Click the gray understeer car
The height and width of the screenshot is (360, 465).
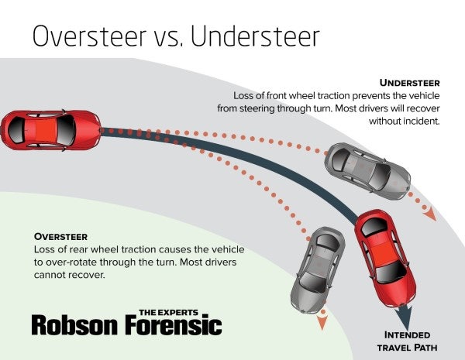tap(367, 169)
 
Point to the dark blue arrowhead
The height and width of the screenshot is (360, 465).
tap(405, 317)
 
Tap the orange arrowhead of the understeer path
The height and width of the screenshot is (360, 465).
tap(428, 212)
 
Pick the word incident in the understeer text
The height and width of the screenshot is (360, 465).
tap(418, 122)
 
